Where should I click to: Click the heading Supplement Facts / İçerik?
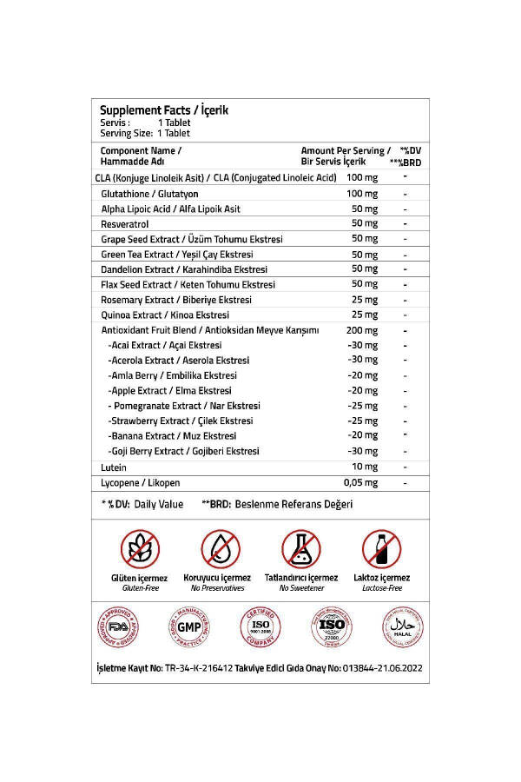(x=163, y=110)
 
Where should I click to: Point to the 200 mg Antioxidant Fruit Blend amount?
(x=362, y=329)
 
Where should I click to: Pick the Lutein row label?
(x=114, y=467)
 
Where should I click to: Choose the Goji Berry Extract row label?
(x=184, y=451)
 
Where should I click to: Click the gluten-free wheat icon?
(x=139, y=548)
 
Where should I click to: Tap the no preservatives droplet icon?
(x=217, y=548)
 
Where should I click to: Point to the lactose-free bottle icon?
(x=380, y=548)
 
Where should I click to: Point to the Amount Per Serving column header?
(x=345, y=156)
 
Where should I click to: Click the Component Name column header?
(x=140, y=156)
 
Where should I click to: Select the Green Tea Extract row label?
(x=176, y=254)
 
